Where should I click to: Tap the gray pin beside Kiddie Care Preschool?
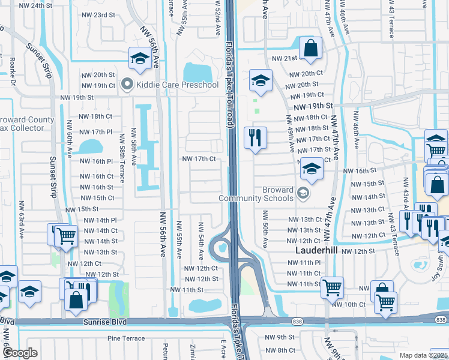127,85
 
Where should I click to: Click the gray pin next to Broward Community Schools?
304,193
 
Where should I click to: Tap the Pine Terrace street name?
127,338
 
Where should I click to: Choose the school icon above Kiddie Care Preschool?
139,58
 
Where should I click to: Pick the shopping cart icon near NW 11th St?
331,287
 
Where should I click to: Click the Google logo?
20,353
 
